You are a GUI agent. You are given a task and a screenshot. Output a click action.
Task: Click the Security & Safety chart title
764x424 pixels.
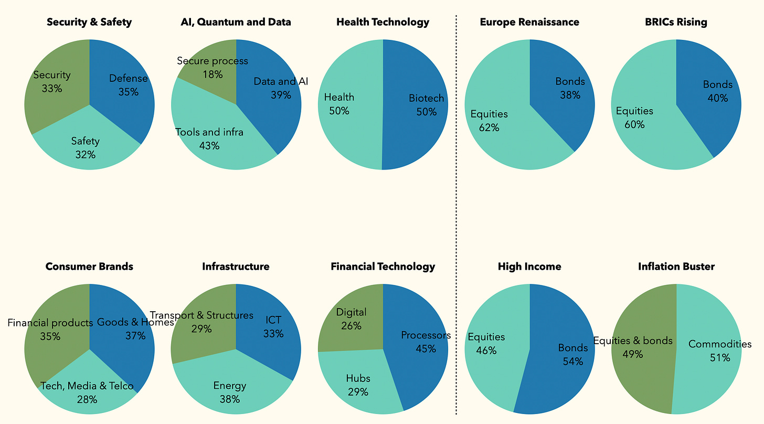point(89,22)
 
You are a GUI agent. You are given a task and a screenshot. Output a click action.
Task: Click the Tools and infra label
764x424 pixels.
point(209,132)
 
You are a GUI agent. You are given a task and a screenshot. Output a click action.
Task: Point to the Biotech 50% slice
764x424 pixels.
point(420,105)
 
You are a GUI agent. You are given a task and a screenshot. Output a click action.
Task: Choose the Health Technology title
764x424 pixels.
point(383,22)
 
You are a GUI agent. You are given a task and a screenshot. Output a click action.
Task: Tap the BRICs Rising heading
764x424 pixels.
point(676,22)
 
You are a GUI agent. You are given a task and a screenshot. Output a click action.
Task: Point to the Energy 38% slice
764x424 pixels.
point(230,391)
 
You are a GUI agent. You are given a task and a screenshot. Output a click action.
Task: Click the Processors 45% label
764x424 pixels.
point(426,335)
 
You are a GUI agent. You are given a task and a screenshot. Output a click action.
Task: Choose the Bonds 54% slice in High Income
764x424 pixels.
point(567,357)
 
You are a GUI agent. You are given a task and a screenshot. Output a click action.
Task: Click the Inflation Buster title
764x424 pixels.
point(676,267)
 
